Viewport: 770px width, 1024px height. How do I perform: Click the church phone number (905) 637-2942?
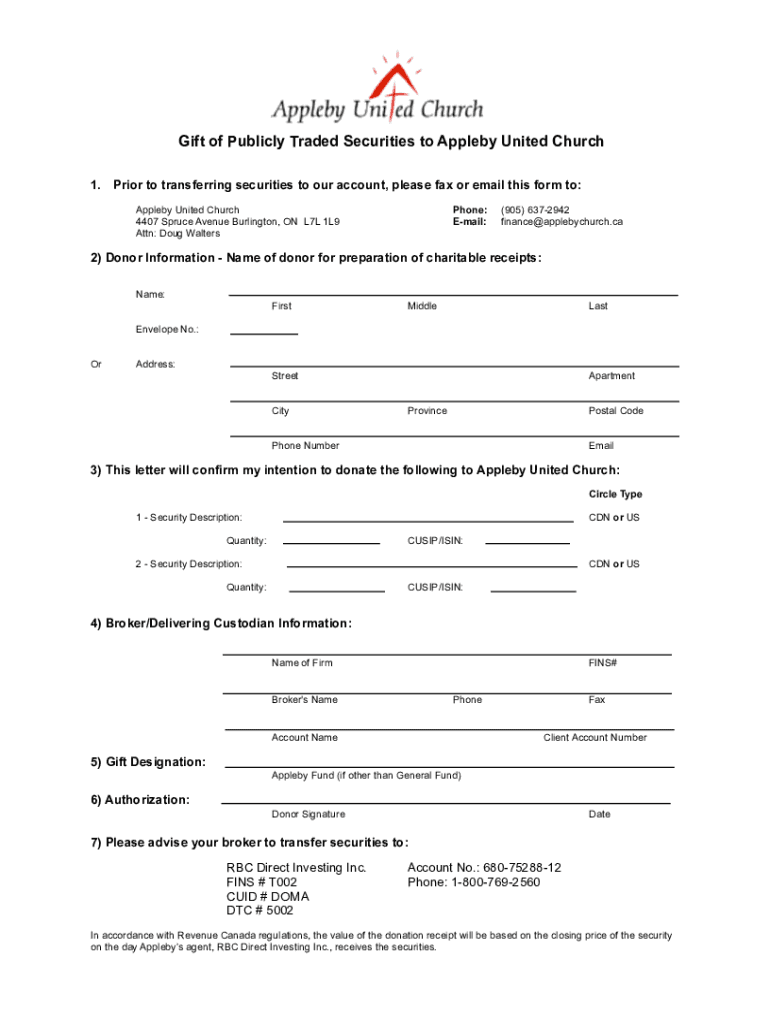click(535, 210)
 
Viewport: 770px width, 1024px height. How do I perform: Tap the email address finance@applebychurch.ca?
click(561, 221)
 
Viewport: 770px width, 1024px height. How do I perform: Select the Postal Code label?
click(615, 411)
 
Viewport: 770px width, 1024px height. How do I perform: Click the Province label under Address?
click(427, 411)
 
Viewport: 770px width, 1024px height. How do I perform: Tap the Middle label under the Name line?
click(421, 306)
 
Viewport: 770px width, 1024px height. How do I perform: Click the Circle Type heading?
click(615, 494)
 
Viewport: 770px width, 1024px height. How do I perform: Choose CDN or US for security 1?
click(614, 517)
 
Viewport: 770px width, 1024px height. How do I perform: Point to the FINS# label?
click(602, 663)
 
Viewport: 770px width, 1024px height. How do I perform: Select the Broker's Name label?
click(304, 700)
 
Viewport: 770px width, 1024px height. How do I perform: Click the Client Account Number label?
click(594, 738)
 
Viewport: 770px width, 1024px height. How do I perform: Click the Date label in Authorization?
click(599, 814)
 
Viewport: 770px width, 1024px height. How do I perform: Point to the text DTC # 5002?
click(260, 911)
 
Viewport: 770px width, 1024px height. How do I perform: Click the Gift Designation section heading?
click(148, 762)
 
